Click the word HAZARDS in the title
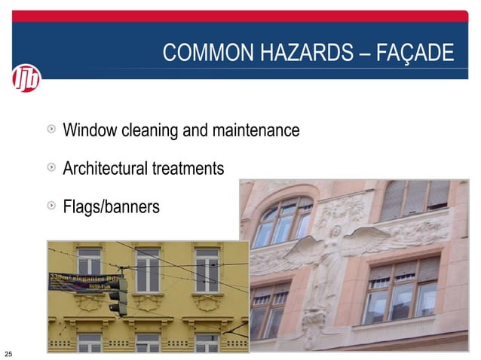[306, 53]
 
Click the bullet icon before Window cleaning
[51, 130]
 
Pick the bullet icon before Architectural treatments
[51, 167]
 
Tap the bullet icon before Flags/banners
[51, 205]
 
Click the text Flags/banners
[111, 206]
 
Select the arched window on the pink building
[283, 221]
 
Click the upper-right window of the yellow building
[207, 270]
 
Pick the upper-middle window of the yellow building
[148, 270]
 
